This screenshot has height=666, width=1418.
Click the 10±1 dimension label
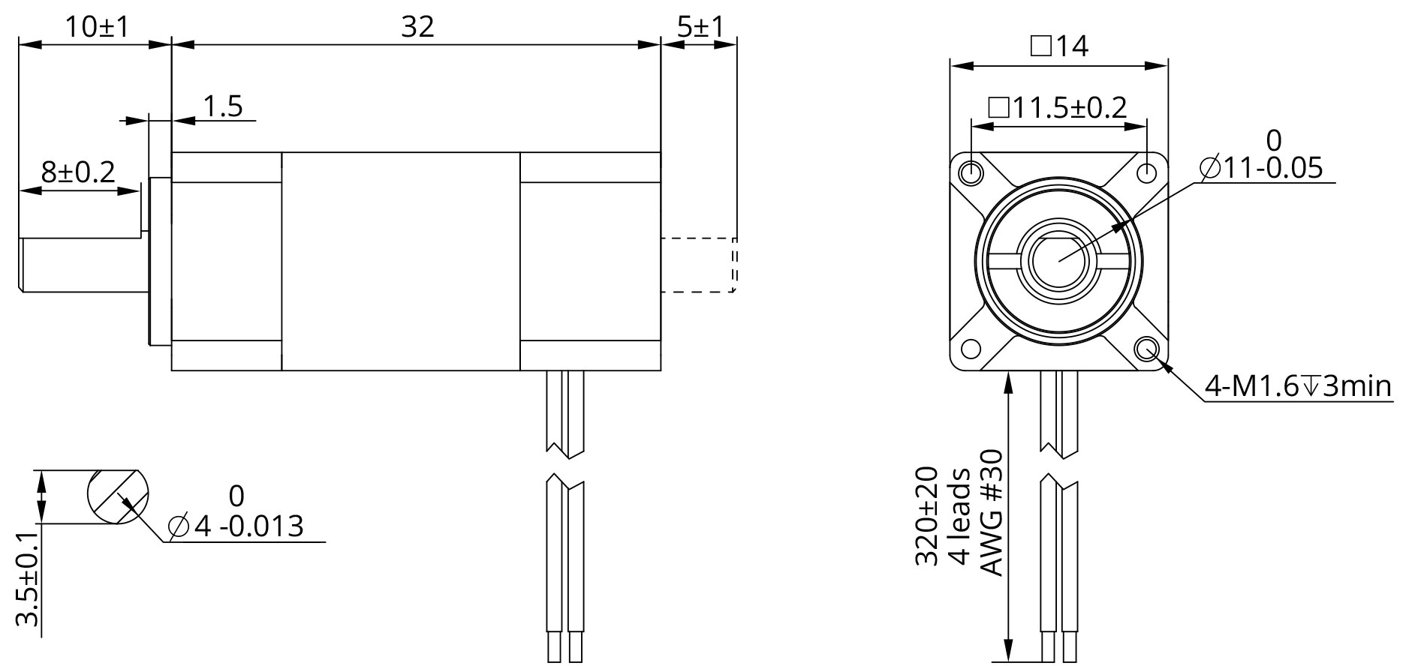96,27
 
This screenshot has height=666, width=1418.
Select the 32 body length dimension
417,27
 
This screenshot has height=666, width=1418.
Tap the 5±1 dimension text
700,27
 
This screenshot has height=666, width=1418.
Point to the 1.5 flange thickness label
223,106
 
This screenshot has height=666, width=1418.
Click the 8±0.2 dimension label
78,172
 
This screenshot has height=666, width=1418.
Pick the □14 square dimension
1059,46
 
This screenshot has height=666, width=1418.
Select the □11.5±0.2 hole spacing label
1058,107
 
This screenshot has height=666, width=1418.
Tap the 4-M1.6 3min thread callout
1298,386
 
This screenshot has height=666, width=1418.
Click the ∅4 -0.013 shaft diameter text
236,526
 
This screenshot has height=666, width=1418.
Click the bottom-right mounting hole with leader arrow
1148,349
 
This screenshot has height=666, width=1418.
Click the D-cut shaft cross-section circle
117,496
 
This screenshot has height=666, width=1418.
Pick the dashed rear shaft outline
698,265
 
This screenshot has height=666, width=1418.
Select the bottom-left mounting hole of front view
971,349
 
